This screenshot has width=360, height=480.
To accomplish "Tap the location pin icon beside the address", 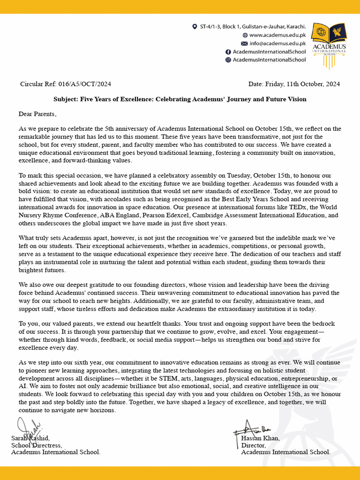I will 195,27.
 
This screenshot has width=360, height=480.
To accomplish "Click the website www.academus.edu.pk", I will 277,35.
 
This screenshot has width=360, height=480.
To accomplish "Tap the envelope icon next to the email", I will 244,43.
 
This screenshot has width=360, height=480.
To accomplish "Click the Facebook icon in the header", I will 228,52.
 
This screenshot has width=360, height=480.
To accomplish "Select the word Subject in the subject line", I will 67,99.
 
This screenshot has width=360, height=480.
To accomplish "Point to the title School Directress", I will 37,445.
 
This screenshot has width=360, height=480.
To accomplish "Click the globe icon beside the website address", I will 245,35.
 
